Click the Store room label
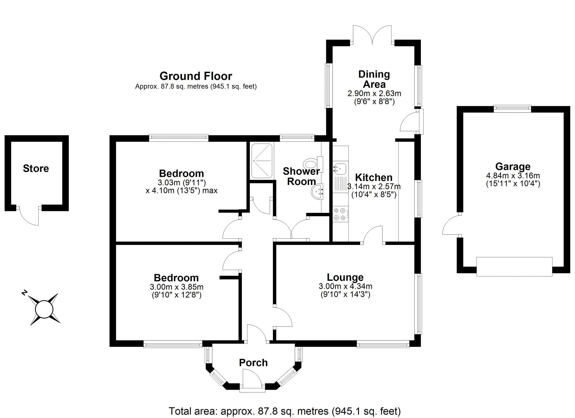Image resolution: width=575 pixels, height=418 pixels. tap(36, 169)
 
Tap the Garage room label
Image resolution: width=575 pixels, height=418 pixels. tap(513, 166)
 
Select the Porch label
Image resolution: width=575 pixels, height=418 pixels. tap(253, 363)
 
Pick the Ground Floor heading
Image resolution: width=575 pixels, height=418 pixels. tap(196, 76)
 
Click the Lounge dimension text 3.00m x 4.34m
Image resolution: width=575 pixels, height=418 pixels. tap(345, 286)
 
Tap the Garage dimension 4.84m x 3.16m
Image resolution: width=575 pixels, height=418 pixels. tap(513, 175)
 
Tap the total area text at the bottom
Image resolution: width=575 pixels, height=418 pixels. tap(284, 411)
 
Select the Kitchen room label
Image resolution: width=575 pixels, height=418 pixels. tap(374, 177)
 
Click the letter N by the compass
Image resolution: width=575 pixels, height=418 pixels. tap(24, 293)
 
